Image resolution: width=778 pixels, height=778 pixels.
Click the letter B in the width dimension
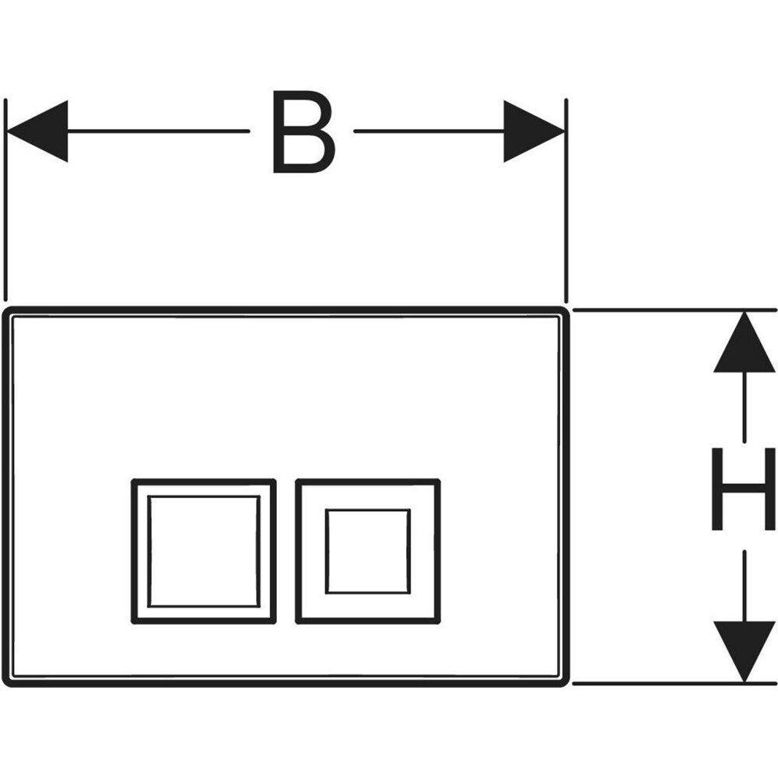pos(304,131)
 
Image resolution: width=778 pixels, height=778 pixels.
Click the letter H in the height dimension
pos(744,489)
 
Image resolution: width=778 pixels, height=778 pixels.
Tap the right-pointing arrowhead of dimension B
pos(534,131)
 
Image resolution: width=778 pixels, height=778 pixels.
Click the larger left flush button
pos(204,551)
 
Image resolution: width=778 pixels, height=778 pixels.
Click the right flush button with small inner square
pos(368,551)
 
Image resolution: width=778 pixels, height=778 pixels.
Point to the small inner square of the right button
pos(368,551)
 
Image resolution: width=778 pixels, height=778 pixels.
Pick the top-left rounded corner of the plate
pos(9,314)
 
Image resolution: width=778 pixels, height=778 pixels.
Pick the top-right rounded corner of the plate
pos(562,314)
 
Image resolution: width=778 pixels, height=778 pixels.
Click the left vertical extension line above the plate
pos(5,202)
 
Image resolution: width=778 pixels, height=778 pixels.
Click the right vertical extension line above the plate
pos(566,202)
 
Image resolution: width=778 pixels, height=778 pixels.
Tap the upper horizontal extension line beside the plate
pos(661,310)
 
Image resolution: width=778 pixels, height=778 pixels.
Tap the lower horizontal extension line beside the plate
pos(661,684)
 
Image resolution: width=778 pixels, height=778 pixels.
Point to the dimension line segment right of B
pos(428,131)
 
